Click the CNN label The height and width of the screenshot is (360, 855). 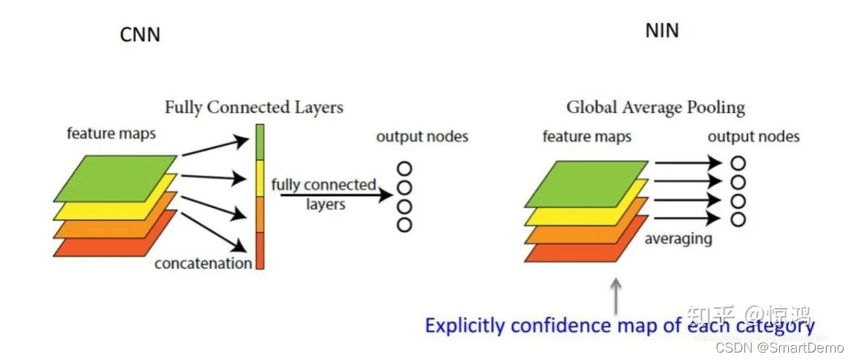click(x=140, y=34)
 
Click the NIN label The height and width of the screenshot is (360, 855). click(x=663, y=30)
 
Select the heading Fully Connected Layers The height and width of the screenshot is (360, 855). click(x=254, y=107)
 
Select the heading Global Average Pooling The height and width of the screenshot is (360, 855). click(x=655, y=107)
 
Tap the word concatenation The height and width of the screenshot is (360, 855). click(x=203, y=263)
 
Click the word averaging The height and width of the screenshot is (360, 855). click(x=678, y=238)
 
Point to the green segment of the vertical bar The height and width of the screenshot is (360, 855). click(x=259, y=141)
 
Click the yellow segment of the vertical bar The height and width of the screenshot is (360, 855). click(x=259, y=178)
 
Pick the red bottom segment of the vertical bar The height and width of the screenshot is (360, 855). click(x=259, y=251)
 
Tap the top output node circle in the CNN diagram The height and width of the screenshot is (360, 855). click(x=404, y=168)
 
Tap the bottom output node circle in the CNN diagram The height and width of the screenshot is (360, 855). click(x=404, y=224)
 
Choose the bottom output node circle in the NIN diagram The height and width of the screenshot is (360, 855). click(x=738, y=219)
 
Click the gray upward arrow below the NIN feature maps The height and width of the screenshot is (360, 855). click(x=615, y=295)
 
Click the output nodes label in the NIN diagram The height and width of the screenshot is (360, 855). click(x=753, y=137)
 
